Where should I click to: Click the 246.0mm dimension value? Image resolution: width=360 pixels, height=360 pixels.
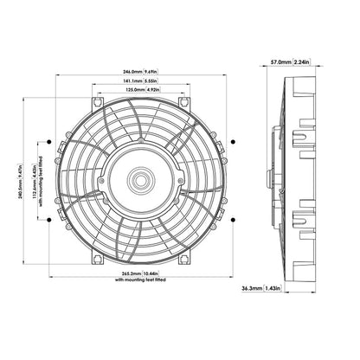(x=125, y=73)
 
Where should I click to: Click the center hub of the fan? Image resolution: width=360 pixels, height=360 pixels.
(x=138, y=181)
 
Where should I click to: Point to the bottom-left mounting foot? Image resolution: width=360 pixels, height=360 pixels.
(x=96, y=259)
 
